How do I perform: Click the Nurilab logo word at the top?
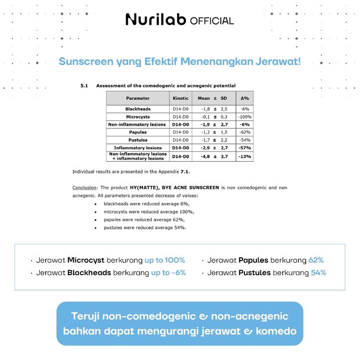tap(156, 20)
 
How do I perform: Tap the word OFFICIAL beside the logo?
tap(212, 21)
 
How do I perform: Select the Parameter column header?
tap(137, 98)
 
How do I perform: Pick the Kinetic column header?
tap(180, 98)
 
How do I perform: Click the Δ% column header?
tap(244, 98)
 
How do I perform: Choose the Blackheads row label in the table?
tap(138, 109)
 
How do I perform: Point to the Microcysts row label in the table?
tap(138, 117)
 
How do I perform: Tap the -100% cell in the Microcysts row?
tap(244, 117)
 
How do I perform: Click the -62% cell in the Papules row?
tap(244, 132)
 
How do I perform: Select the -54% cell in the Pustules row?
tap(244, 140)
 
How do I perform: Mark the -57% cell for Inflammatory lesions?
tap(244, 148)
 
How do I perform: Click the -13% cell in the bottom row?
tap(244, 157)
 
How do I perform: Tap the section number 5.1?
tap(84, 86)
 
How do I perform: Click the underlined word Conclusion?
tap(84, 187)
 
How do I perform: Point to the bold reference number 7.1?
tap(185, 172)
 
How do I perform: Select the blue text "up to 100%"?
tap(165, 260)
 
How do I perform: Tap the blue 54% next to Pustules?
tap(318, 273)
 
